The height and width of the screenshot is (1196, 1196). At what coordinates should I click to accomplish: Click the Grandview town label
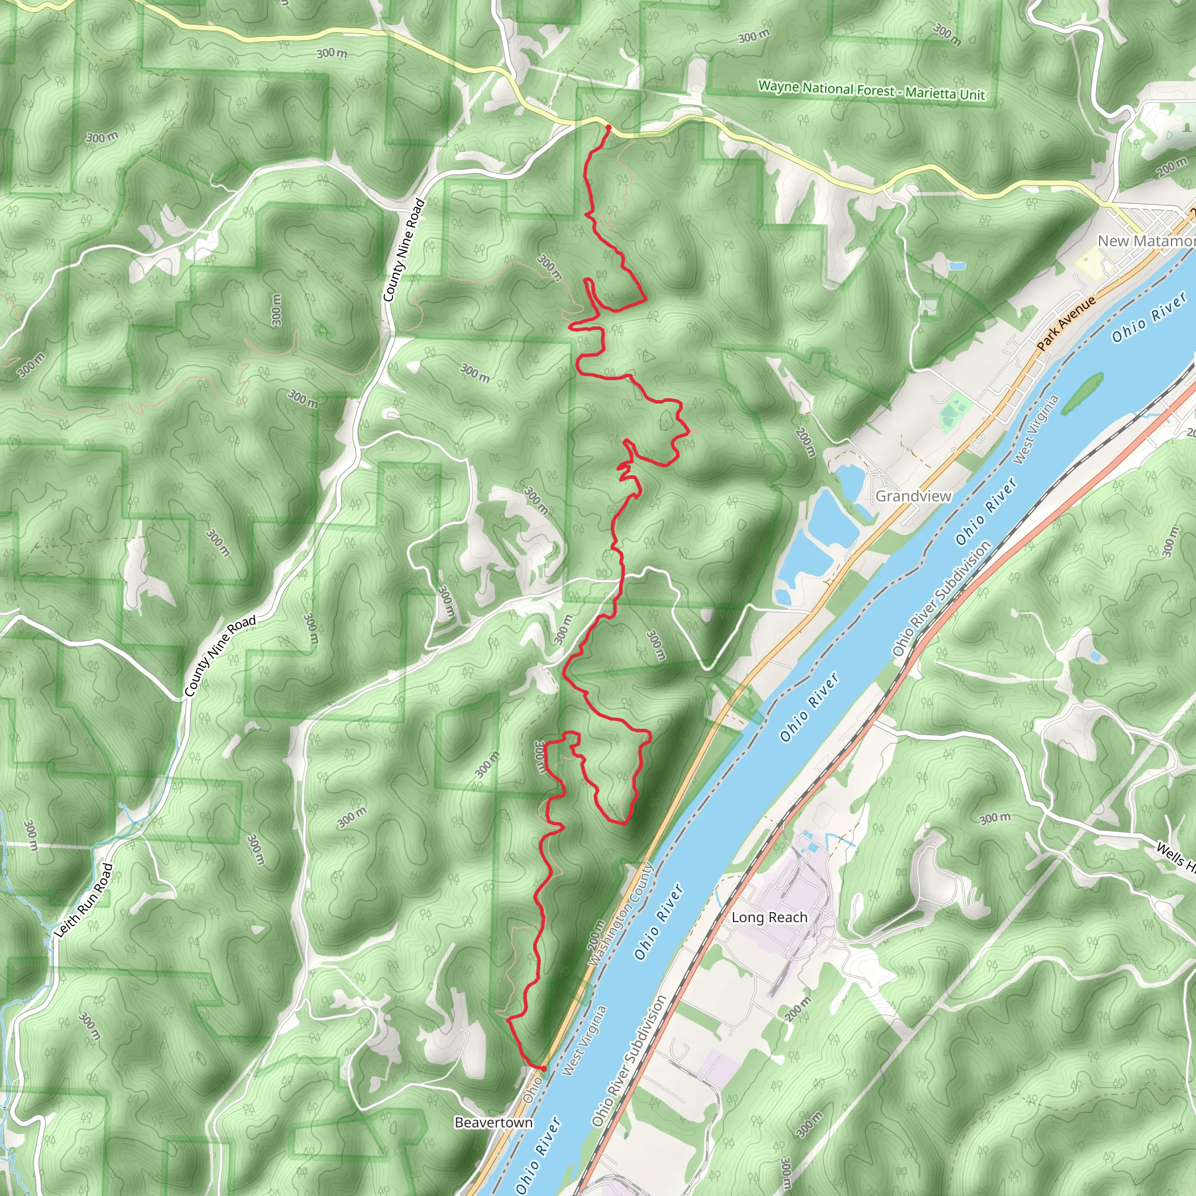(x=913, y=496)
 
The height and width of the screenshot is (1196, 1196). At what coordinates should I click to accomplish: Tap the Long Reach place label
(x=770, y=917)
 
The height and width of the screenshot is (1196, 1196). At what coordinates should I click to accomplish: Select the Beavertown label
(x=493, y=1122)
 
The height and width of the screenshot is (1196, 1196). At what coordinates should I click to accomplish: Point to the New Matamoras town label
(x=1145, y=241)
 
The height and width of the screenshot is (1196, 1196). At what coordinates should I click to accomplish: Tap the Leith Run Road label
(x=84, y=900)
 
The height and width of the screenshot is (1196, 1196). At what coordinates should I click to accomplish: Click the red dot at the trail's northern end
(x=608, y=127)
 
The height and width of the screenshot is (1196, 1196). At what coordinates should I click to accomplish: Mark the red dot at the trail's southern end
(x=543, y=1069)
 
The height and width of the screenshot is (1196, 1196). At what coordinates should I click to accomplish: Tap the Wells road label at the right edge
(x=1176, y=857)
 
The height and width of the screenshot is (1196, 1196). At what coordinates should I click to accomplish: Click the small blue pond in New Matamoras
(x=957, y=266)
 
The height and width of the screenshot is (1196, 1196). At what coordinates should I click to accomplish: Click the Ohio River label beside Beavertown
(x=538, y=1155)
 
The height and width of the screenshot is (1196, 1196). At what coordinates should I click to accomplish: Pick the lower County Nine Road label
(x=220, y=656)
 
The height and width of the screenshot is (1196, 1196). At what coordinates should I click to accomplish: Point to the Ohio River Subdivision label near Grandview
(x=941, y=598)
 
